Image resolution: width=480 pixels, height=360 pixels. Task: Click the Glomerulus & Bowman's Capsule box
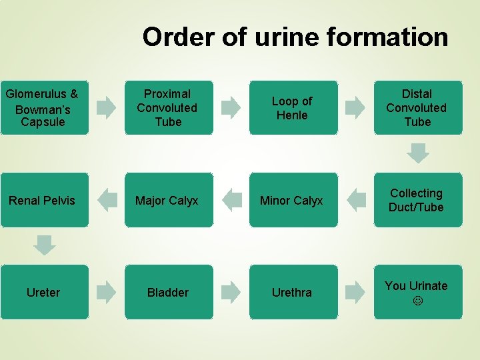pyautogui.click(x=43, y=107)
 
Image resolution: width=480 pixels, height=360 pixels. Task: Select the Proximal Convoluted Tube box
pyautogui.click(x=168, y=107)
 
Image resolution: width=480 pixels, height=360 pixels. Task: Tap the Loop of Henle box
pyautogui.click(x=293, y=107)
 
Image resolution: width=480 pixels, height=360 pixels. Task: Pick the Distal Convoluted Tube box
pyautogui.click(x=417, y=107)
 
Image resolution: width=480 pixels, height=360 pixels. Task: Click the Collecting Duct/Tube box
pyautogui.click(x=417, y=200)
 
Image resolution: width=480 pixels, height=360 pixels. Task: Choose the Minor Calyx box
pyautogui.click(x=293, y=200)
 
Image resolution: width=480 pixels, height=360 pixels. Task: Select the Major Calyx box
pyautogui.click(x=168, y=200)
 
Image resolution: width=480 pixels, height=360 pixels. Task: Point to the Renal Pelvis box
pyautogui.click(x=43, y=200)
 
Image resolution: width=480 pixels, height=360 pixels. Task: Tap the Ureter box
pyautogui.click(x=43, y=292)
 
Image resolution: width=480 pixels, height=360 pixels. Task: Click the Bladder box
pyautogui.click(x=168, y=292)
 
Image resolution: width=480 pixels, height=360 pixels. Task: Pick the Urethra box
pyautogui.click(x=293, y=292)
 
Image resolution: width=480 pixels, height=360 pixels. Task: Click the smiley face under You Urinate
pyautogui.click(x=417, y=301)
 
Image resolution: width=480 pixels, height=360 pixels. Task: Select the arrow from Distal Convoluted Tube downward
pyautogui.click(x=418, y=153)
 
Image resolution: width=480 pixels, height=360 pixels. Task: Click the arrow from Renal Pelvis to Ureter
pyautogui.click(x=45, y=245)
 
